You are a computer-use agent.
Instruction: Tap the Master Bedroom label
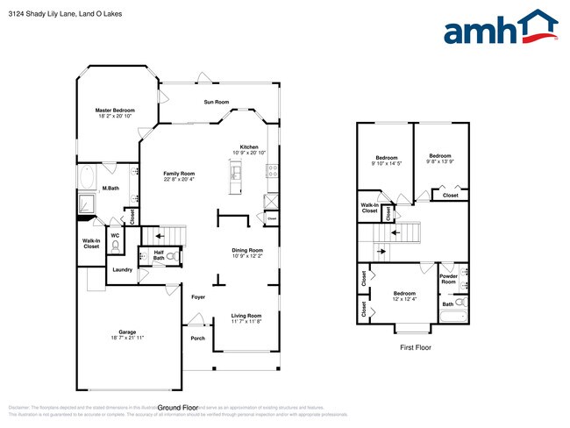[x=116, y=111]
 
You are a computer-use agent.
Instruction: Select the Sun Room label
[x=217, y=103]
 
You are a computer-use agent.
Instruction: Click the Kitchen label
[x=249, y=146]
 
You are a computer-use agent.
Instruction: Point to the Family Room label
[x=179, y=174]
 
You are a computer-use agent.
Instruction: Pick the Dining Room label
[x=247, y=250]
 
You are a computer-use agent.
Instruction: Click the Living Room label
[x=246, y=316]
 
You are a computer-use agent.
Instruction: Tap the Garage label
[x=127, y=332]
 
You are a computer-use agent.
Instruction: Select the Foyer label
[x=198, y=297]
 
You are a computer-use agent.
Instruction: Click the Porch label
[x=197, y=339]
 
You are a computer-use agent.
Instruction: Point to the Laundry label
[x=123, y=270]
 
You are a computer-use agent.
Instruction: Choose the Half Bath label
[x=159, y=255]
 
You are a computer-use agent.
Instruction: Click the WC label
[x=115, y=235]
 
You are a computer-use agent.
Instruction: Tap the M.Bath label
[x=110, y=188]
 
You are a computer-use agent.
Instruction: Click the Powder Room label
[x=448, y=279]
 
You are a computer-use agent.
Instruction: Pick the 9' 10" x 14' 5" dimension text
[x=386, y=163]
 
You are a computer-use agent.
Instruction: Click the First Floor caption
[x=415, y=348]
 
